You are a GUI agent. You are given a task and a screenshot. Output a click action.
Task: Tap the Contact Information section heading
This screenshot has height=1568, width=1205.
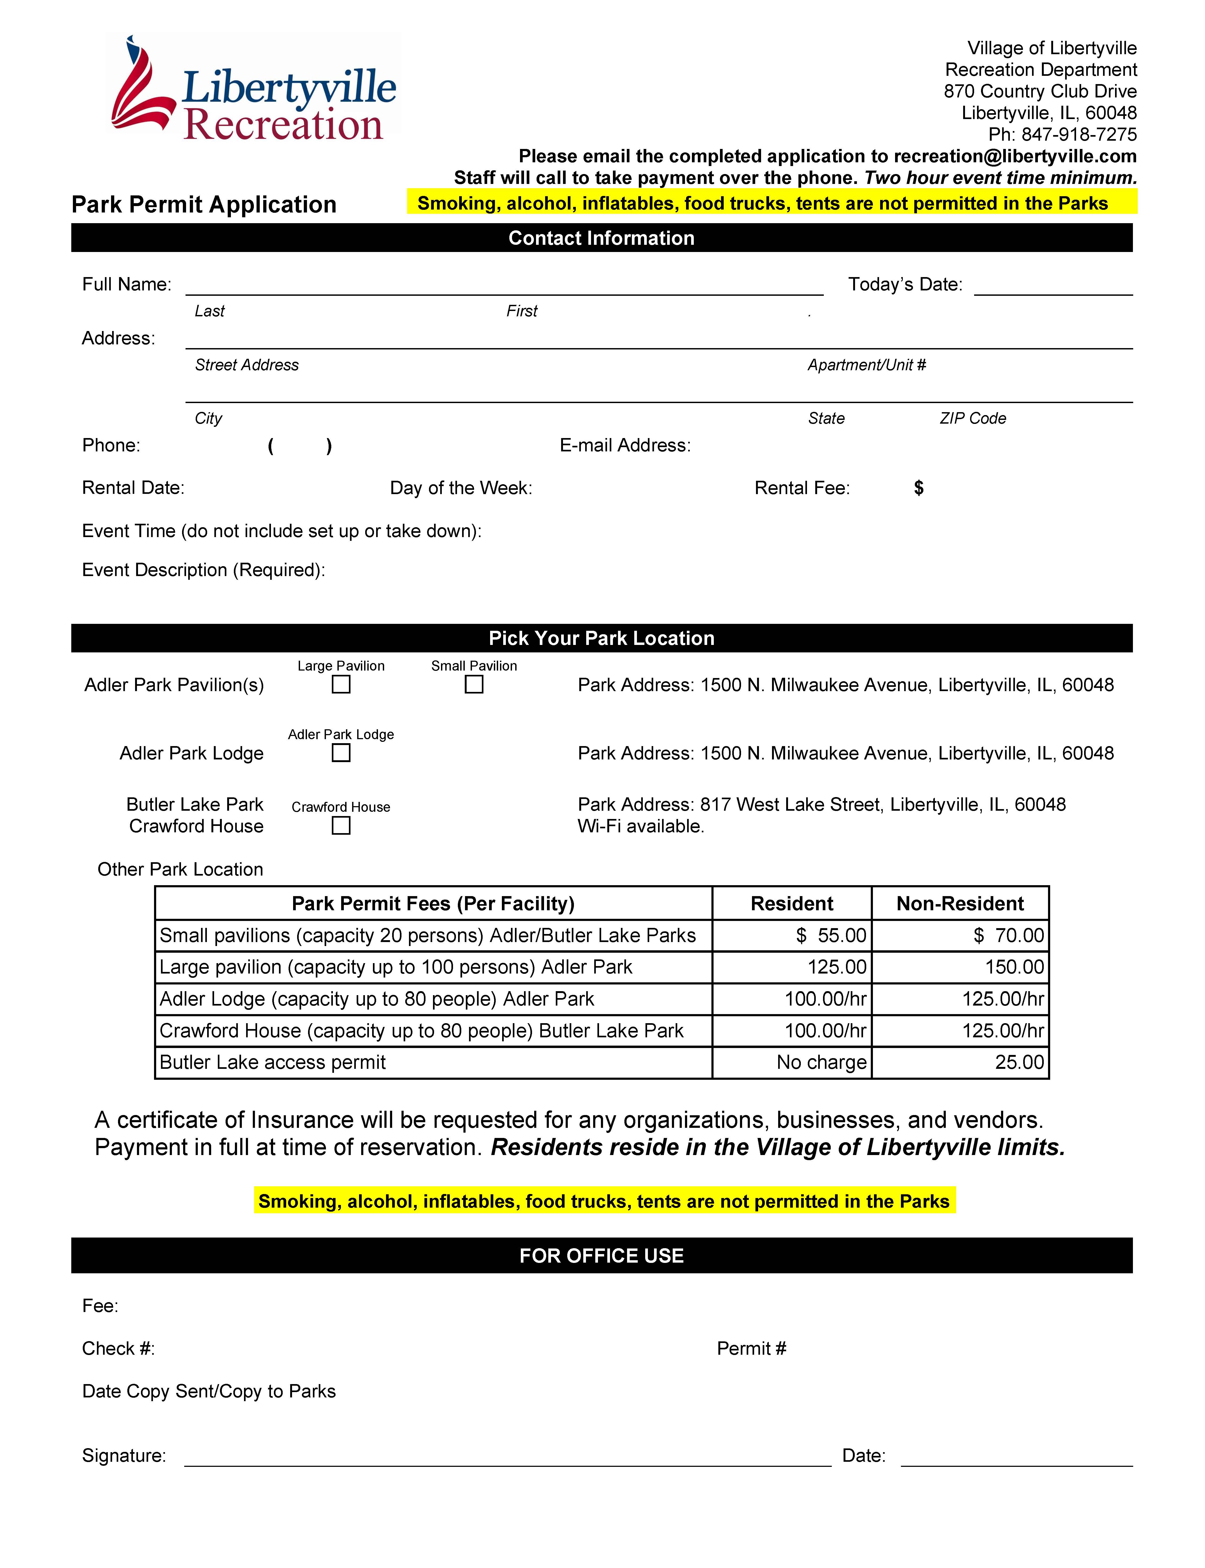(601, 238)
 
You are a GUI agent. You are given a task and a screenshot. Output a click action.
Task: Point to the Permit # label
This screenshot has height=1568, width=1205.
(751, 1349)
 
